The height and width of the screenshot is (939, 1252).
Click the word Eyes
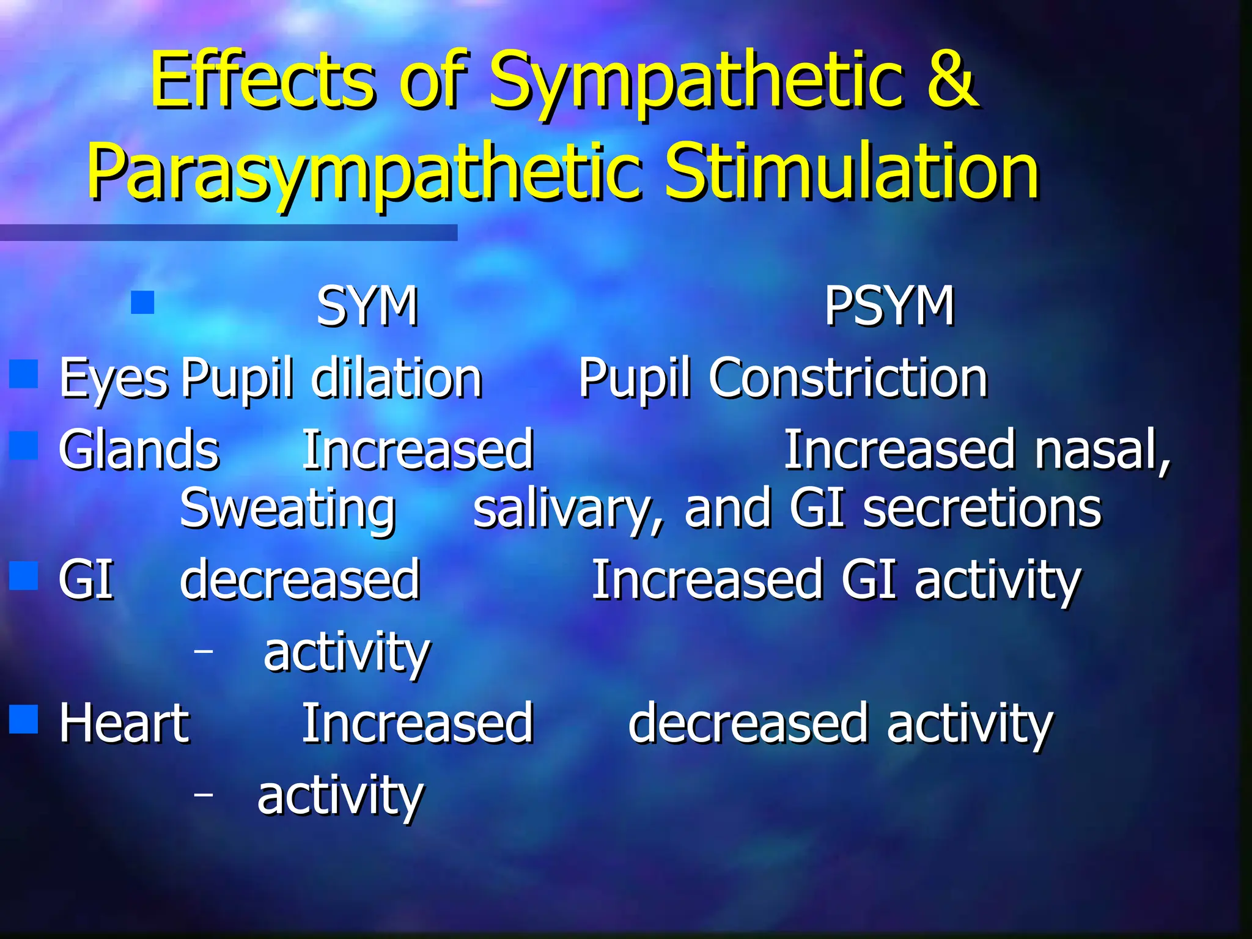[x=113, y=379]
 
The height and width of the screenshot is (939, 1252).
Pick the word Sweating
[x=287, y=509]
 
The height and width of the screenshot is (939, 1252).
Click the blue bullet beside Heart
[x=24, y=719]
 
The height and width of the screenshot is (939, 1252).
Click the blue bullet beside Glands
[x=24, y=445]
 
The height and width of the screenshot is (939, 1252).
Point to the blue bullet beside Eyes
[x=24, y=374]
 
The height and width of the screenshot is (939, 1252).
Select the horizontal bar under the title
[x=228, y=232]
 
